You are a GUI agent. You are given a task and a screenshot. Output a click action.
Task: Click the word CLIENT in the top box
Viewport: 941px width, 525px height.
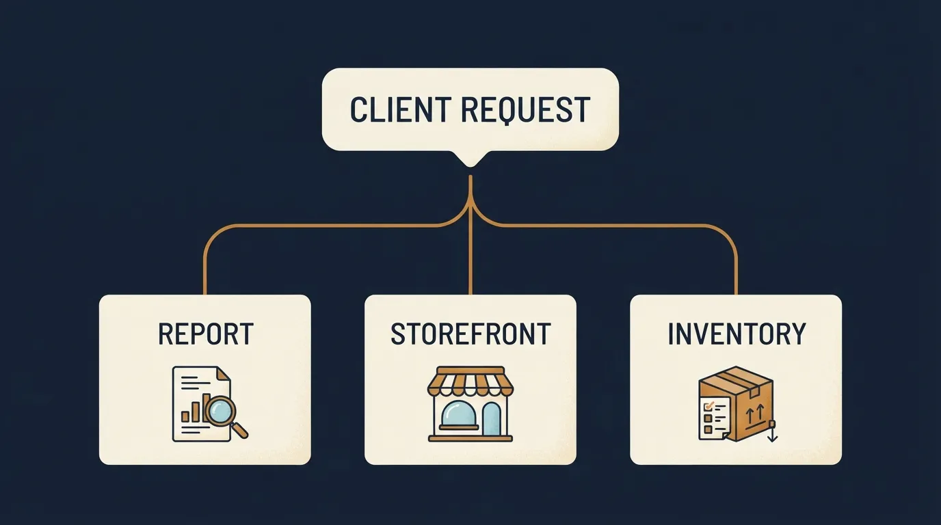pyautogui.click(x=401, y=109)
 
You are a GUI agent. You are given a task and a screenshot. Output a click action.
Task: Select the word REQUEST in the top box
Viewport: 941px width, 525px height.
pyautogui.click(x=525, y=110)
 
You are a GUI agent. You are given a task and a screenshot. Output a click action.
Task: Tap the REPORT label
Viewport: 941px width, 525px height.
pyautogui.click(x=206, y=334)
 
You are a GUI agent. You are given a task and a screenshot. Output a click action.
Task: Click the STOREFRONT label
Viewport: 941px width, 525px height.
pyautogui.click(x=471, y=334)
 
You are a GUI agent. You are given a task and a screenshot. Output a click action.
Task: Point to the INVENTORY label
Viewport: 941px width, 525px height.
pyautogui.click(x=737, y=334)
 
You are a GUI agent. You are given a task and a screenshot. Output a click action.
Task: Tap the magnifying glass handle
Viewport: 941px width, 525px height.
pyautogui.click(x=239, y=430)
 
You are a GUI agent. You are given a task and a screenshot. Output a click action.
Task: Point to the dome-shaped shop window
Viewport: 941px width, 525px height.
pyautogui.click(x=458, y=414)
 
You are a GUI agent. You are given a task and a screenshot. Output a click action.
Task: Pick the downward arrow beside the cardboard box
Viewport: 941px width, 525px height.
pyautogui.click(x=772, y=432)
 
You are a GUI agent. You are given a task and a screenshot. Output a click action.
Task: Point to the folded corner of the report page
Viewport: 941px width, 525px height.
pyautogui.click(x=224, y=373)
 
